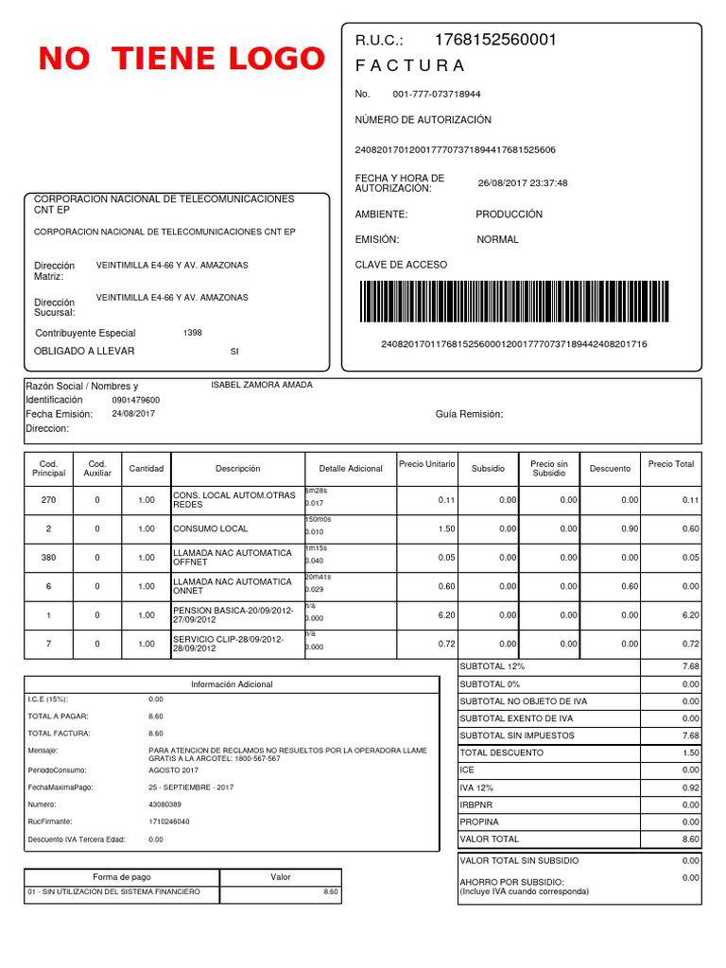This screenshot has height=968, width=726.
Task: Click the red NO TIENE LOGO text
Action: [x=181, y=60]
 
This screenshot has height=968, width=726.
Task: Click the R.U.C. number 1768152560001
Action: [x=495, y=40]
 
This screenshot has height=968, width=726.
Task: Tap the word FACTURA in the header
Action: [x=409, y=65]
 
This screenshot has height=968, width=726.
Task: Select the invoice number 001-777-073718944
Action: [x=436, y=95]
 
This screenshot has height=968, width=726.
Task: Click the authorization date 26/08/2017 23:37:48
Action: [x=523, y=183]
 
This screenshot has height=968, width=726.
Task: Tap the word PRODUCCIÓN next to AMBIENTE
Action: [x=510, y=215]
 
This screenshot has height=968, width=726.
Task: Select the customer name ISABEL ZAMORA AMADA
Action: [x=262, y=385]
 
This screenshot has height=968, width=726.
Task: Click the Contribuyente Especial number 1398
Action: [x=192, y=333]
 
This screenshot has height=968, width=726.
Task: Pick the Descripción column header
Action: [x=237, y=469]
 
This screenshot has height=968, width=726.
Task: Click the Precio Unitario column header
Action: [x=426, y=464]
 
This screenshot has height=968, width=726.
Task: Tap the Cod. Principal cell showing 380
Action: [x=49, y=558]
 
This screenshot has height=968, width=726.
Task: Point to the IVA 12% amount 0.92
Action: [x=690, y=787]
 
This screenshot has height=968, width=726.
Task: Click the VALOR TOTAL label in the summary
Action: [x=489, y=839]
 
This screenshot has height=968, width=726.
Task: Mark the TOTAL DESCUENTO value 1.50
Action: [x=690, y=753]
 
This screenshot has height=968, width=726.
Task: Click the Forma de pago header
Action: [x=121, y=877]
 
